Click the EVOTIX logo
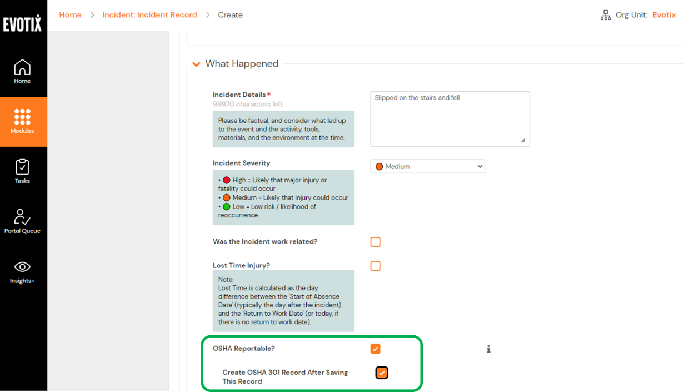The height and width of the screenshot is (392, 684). (22, 23)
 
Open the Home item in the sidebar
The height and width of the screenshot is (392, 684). (22, 72)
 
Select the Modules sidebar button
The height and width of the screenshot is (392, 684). (22, 122)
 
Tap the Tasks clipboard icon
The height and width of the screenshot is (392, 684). (22, 167)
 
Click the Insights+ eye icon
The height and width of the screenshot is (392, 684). (22, 267)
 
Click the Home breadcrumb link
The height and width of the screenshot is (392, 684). (70, 15)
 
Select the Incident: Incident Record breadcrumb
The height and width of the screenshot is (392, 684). (149, 15)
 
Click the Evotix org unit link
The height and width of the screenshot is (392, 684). (664, 15)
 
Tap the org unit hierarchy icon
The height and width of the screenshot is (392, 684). (606, 16)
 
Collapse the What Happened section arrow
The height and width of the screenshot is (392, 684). (196, 64)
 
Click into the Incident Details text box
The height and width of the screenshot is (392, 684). (450, 119)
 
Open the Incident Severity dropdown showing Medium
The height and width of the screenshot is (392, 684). (427, 166)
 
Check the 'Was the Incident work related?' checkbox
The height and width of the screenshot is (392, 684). (376, 242)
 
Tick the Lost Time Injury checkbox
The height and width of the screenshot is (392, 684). (376, 266)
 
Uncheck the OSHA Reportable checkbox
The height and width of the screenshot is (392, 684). (376, 349)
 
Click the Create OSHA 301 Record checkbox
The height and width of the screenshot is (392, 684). (382, 373)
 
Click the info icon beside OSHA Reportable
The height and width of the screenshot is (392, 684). (488, 349)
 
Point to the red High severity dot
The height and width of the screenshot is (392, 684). (226, 180)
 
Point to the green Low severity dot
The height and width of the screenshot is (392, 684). (226, 206)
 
